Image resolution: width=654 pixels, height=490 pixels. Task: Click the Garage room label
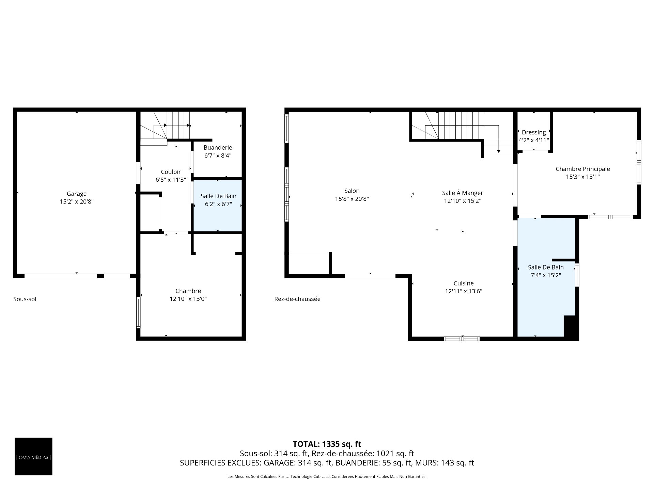pyautogui.click(x=77, y=194)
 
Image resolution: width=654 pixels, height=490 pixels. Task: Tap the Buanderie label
pyautogui.click(x=218, y=148)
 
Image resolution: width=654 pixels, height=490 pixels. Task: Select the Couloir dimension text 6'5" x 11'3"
pyautogui.click(x=171, y=180)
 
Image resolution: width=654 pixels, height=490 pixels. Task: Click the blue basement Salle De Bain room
pyautogui.click(x=218, y=206)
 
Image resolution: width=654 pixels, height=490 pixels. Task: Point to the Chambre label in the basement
pyautogui.click(x=188, y=291)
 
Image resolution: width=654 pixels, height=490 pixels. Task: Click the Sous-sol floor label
pyautogui.click(x=25, y=299)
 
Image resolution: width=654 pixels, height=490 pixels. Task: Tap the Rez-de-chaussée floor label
pyautogui.click(x=297, y=299)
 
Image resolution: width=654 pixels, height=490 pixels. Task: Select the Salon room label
pyautogui.click(x=352, y=191)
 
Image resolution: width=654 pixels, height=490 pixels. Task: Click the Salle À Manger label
pyautogui.click(x=463, y=193)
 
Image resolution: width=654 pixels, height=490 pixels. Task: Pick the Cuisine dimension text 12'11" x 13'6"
pyautogui.click(x=464, y=291)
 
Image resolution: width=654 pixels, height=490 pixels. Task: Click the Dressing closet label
pyautogui.click(x=534, y=132)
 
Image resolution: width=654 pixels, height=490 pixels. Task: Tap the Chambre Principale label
pyautogui.click(x=583, y=169)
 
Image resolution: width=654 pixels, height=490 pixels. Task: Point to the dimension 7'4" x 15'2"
pyautogui.click(x=546, y=275)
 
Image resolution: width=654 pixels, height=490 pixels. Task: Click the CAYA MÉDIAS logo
pyautogui.click(x=33, y=456)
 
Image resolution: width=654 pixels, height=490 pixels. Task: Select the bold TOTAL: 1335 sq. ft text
pyautogui.click(x=327, y=444)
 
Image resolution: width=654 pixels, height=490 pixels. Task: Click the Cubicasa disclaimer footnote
pyautogui.click(x=327, y=477)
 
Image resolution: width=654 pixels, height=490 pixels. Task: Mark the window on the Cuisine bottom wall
pyautogui.click(x=462, y=339)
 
